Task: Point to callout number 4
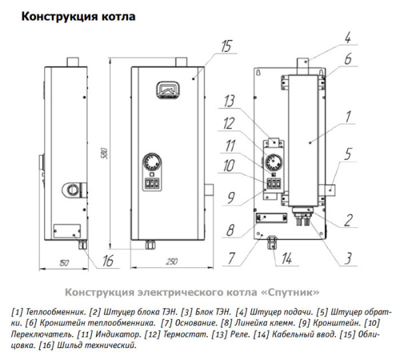(347, 37)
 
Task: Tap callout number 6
(347, 59)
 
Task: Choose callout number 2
(347, 218)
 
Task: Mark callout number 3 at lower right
(347, 254)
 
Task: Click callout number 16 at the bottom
(109, 261)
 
